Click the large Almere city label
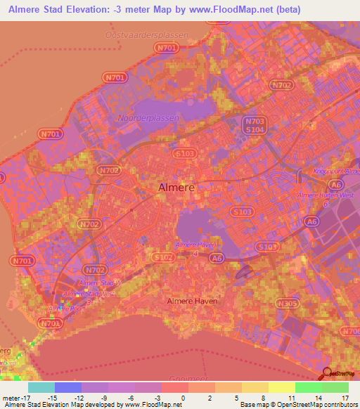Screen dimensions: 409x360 175,188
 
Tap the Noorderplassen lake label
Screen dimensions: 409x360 148,118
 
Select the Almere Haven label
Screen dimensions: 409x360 191,301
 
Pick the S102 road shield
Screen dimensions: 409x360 162,258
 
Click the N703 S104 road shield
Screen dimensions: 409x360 255,125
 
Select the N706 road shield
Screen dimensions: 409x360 351,331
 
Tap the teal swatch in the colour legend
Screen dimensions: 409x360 41,387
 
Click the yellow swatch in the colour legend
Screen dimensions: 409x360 281,387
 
